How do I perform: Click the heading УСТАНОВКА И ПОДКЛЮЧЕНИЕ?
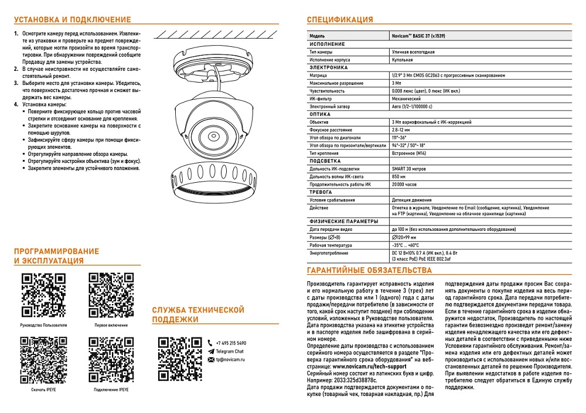pos(72,20)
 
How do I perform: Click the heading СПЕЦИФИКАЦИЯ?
pos(340,20)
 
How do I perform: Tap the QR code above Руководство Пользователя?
pos(43,295)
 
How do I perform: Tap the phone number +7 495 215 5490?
pos(231,343)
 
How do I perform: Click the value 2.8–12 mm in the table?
pos(403,129)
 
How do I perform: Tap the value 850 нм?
pos(399,176)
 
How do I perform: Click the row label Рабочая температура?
pos(331,245)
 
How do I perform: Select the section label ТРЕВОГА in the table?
pos(321,192)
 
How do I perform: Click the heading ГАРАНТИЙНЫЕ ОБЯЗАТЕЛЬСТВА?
pos(369,271)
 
